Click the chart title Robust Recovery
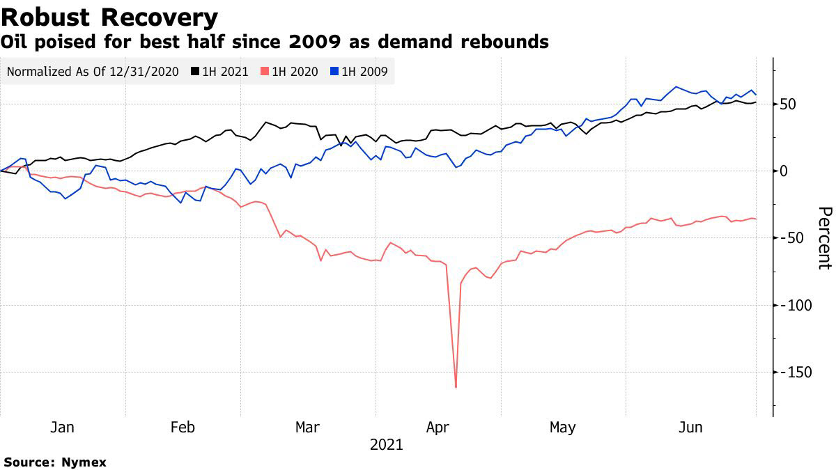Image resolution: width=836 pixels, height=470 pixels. point(109,17)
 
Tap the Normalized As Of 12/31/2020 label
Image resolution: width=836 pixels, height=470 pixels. point(93,71)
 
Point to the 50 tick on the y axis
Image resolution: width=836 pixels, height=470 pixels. point(789,104)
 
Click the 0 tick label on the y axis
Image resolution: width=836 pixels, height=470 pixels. point(784,171)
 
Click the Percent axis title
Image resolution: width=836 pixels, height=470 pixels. point(823,237)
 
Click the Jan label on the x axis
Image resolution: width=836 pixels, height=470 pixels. point(62,427)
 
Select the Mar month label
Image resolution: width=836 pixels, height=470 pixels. point(307,427)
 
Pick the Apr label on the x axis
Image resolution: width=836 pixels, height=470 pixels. point(437,427)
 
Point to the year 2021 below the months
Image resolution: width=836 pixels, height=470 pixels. point(386,444)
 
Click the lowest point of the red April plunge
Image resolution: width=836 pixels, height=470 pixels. point(456,386)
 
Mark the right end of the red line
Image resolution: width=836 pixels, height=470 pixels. point(756,219)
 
